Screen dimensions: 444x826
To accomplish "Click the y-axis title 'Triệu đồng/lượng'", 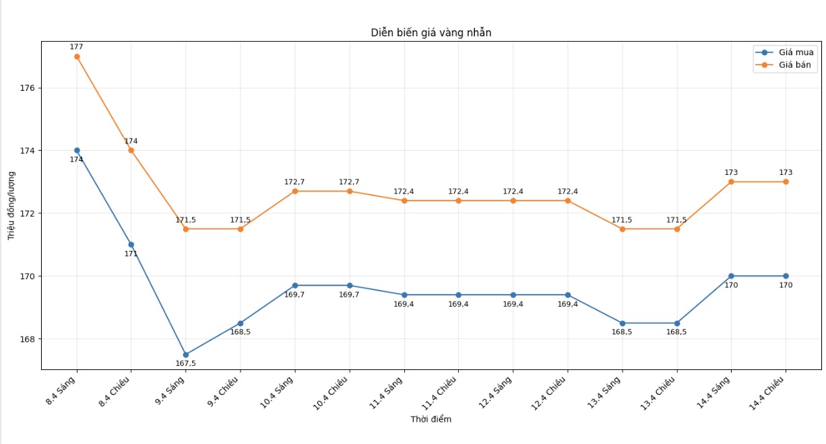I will point(11,206).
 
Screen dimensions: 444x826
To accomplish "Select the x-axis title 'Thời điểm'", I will point(431,419).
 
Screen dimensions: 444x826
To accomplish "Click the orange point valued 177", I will point(77,57).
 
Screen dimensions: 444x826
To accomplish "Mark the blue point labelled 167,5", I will point(186,355).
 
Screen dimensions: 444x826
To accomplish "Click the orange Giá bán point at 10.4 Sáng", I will point(295,191).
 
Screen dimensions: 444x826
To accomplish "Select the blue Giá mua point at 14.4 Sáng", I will point(731,276).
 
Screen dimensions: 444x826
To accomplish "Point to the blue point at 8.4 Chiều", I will point(131,244).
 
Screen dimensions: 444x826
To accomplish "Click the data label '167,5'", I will point(186,364).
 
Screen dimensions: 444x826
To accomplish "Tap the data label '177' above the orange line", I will point(77,47).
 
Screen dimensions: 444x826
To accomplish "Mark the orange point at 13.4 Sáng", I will point(623,229).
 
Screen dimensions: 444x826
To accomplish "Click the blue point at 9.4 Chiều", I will point(241,323).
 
